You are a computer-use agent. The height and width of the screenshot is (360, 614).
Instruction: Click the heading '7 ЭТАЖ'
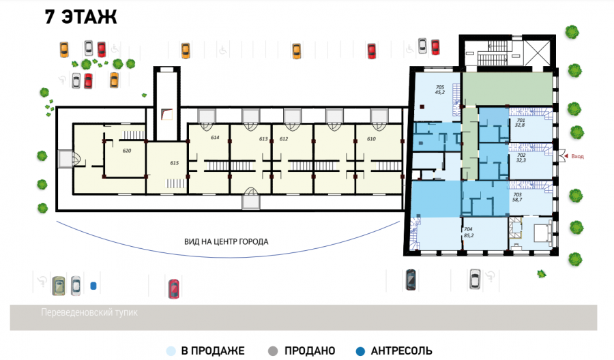(81, 17)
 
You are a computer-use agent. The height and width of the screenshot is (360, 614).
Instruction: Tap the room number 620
(126, 151)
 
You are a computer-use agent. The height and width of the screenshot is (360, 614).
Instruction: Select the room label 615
(174, 163)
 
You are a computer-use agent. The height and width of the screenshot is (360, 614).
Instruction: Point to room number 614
(215, 137)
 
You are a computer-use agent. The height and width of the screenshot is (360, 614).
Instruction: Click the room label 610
(371, 139)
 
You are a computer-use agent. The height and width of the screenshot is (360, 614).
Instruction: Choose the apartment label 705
(440, 87)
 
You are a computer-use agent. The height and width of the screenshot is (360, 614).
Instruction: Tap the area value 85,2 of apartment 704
(469, 235)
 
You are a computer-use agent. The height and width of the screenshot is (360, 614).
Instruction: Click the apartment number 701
(521, 121)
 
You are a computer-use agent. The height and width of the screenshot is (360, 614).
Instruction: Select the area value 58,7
(517, 200)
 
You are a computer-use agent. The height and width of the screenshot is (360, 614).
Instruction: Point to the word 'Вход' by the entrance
(577, 156)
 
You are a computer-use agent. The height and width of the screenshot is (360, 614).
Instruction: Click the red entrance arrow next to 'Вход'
(566, 156)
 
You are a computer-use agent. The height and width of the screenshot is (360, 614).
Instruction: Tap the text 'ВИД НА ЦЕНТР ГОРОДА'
(226, 242)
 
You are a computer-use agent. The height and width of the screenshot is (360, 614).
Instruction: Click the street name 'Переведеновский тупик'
(89, 312)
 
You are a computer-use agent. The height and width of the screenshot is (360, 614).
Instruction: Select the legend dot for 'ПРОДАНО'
(273, 351)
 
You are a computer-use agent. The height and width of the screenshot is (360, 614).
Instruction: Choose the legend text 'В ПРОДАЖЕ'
(213, 351)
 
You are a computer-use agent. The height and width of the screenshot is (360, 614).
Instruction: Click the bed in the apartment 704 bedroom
(543, 232)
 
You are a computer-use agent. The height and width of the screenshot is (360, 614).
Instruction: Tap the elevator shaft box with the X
(538, 52)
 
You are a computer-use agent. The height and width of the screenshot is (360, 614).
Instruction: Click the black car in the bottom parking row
(411, 280)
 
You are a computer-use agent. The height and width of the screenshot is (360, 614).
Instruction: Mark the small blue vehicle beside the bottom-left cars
(93, 286)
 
